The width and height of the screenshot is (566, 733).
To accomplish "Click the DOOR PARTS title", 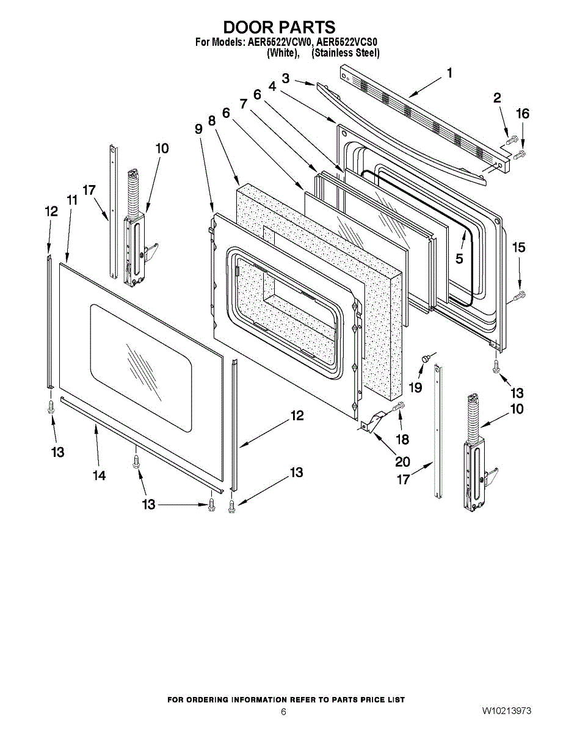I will pyautogui.click(x=278, y=27).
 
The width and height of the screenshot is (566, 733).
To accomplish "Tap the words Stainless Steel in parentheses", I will pyautogui.click(x=345, y=53).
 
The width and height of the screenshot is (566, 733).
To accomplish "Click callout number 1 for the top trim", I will pyautogui.click(x=449, y=73).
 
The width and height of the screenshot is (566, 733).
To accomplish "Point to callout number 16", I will pyautogui.click(x=523, y=113).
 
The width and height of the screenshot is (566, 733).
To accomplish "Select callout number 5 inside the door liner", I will pyautogui.click(x=459, y=258).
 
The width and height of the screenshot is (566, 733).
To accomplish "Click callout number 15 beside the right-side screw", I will pyautogui.click(x=518, y=247).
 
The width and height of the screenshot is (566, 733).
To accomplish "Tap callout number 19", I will pyautogui.click(x=415, y=387).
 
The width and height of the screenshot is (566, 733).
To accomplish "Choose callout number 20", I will pyautogui.click(x=402, y=461).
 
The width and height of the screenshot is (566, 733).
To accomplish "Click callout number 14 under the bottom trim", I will pyautogui.click(x=99, y=475).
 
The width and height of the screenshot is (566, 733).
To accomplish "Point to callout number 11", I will pyautogui.click(x=72, y=200).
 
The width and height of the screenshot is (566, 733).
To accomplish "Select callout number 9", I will pyautogui.click(x=198, y=129).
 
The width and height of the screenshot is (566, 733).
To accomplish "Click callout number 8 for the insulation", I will pyautogui.click(x=212, y=121).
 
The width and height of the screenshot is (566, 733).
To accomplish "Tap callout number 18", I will pyautogui.click(x=402, y=439).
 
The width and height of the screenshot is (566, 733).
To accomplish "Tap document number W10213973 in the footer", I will pyautogui.click(x=506, y=711).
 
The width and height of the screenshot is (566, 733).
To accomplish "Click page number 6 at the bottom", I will pyautogui.click(x=283, y=712).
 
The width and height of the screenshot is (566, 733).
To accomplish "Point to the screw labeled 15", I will pyautogui.click(x=520, y=297).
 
